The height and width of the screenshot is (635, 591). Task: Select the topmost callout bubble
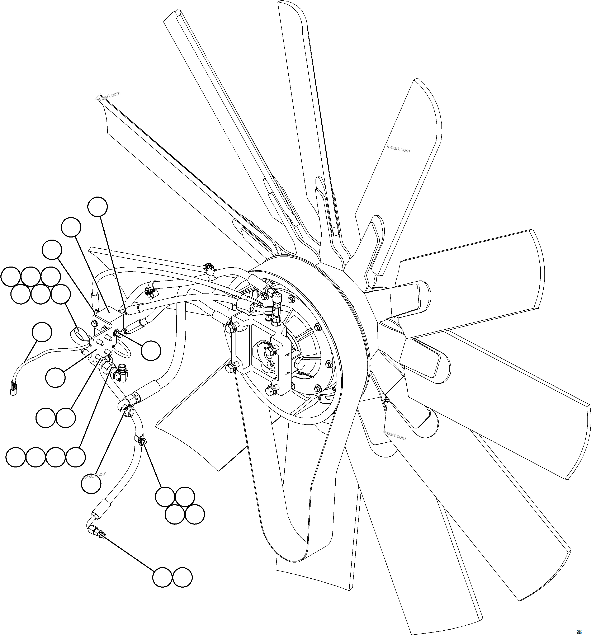[x=97, y=207]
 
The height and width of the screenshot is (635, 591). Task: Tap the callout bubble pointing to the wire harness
[x=42, y=332]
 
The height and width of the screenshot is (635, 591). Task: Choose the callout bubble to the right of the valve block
[x=151, y=351]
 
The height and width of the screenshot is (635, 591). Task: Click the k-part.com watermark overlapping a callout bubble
[x=95, y=476]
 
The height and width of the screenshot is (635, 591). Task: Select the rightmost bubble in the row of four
[x=76, y=458]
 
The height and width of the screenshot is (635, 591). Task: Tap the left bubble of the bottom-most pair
[x=162, y=577]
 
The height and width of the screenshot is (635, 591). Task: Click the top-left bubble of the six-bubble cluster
[x=10, y=276]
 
